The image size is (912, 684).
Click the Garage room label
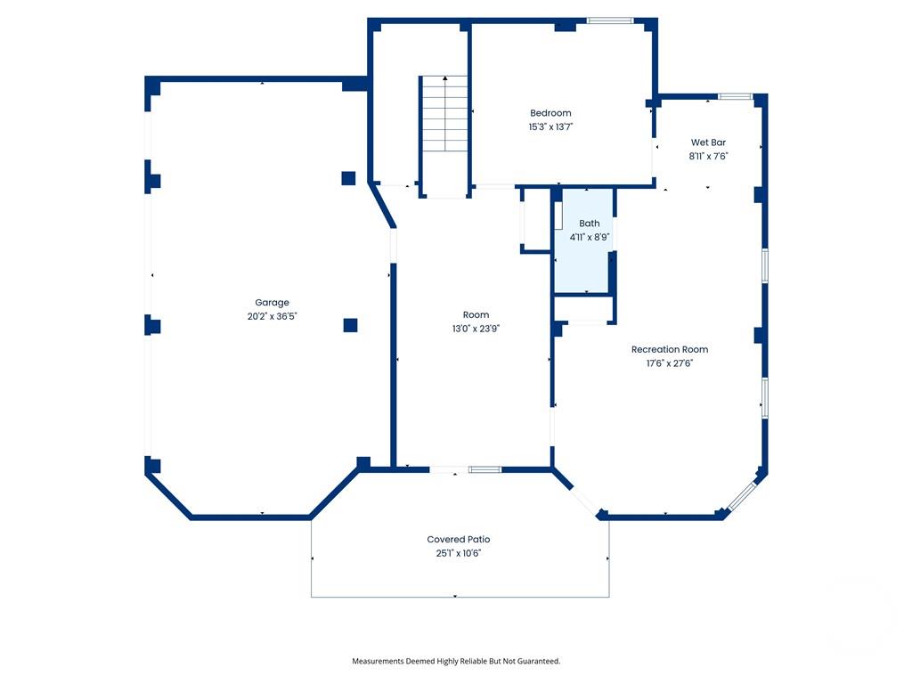pos(272,303)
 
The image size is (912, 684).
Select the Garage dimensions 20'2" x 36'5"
pos(272,316)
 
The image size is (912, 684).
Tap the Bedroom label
pos(550,113)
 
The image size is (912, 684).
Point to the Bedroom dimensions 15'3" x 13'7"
pos(550,126)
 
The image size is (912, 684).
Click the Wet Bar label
pos(708,142)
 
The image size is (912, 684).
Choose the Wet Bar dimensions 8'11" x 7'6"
pos(708,156)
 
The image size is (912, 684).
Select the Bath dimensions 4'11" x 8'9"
pos(589,237)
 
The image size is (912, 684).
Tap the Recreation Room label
pos(670,350)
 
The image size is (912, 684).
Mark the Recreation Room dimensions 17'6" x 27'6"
pos(670,363)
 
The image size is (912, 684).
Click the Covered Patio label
pos(458,540)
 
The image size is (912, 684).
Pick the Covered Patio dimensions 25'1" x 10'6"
pos(458,553)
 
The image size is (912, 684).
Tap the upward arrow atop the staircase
pos(445,79)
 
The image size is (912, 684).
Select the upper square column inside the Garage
pos(348,177)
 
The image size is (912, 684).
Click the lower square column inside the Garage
pos(350,325)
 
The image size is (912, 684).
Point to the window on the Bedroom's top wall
pos(609,20)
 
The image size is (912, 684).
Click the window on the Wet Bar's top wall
pos(735,96)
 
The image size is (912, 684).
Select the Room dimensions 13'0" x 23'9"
pos(476,329)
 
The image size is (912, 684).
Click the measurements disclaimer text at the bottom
pos(456,661)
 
